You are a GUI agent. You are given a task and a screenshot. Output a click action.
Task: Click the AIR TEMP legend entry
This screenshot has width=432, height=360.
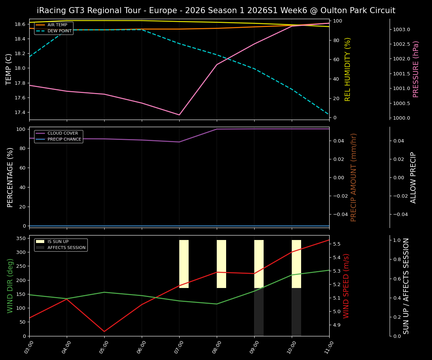tap(57, 25)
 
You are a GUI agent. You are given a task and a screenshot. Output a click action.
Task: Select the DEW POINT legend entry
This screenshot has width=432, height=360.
tap(59, 31)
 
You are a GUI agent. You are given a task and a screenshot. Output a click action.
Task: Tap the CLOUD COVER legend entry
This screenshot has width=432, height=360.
tap(63, 133)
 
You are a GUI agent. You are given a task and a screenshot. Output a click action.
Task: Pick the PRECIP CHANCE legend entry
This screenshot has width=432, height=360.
tap(64, 139)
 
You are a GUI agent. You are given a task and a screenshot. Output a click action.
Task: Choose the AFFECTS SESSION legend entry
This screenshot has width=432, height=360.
tap(66, 248)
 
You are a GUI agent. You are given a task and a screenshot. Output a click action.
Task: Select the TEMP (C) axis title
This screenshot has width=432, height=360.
tap(9, 69)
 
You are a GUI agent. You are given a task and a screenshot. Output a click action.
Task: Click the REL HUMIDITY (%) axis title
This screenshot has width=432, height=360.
tap(348, 69)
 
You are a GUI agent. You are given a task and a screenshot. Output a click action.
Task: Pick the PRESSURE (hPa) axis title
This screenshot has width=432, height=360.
tap(416, 69)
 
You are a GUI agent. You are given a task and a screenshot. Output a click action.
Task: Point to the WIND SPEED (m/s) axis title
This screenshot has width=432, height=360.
tap(346, 286)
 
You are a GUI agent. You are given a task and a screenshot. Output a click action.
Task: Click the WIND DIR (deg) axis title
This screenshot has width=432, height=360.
tap(10, 286)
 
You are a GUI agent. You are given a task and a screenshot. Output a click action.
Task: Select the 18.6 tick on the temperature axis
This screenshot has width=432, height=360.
tap(20, 24)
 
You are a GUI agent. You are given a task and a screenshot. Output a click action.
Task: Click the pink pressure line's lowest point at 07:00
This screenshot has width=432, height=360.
tap(179, 115)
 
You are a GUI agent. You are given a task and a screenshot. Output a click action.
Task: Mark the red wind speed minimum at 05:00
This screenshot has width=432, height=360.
tap(104, 331)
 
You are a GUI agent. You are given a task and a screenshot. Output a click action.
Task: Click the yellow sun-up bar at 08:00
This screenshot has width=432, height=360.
tap(221, 264)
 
